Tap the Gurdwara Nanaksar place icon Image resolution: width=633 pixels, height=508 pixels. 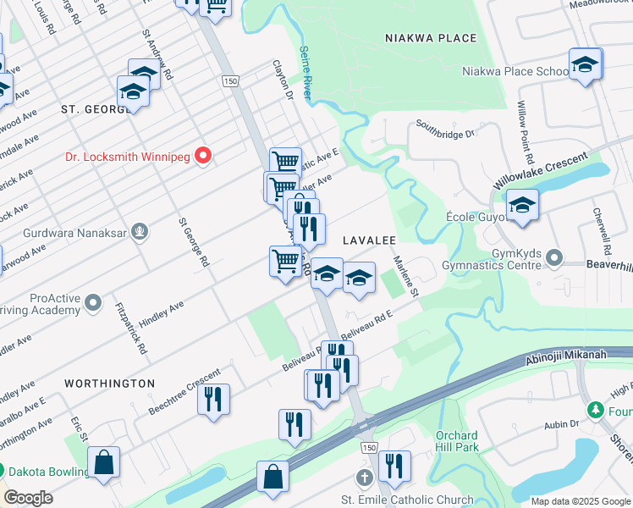click(140, 231)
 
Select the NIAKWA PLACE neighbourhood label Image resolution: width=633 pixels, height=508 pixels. click(430, 38)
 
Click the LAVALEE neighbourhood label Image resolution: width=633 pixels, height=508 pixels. click(369, 240)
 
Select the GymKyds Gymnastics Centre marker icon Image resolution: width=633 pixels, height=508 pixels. click(554, 256)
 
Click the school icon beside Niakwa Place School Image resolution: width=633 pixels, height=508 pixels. click(585, 64)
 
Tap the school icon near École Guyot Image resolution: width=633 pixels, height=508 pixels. click(522, 205)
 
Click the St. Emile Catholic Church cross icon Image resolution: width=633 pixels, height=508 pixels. click(365, 478)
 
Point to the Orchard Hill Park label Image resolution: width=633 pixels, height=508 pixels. click(457, 441)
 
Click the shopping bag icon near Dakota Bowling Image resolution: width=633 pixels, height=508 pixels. click(104, 463)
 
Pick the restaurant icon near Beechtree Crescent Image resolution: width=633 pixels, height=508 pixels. click(213, 398)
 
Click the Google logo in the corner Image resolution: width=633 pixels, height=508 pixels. click(28, 497)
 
